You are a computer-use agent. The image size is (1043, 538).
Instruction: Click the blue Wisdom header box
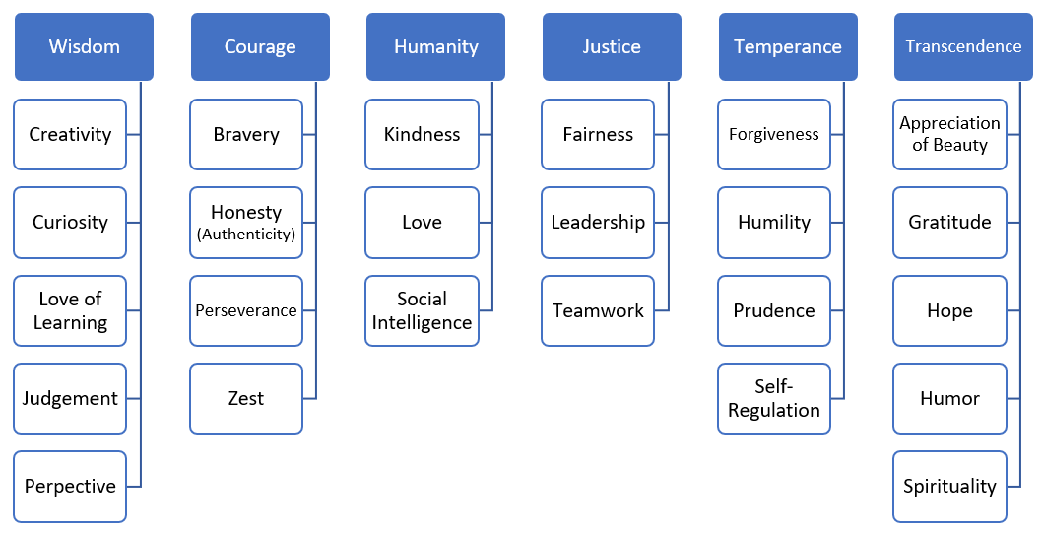click(x=84, y=46)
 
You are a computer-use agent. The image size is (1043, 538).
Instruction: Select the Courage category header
click(x=260, y=46)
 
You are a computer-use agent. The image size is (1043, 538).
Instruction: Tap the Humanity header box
click(x=435, y=46)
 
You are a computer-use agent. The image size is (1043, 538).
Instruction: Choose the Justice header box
click(x=612, y=46)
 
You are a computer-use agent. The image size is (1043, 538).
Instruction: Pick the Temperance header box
click(x=788, y=46)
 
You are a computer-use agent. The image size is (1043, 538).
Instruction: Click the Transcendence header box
click(x=963, y=46)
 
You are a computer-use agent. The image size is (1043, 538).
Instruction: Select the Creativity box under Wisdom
click(x=70, y=134)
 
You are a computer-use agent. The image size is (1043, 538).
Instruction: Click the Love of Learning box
click(x=70, y=310)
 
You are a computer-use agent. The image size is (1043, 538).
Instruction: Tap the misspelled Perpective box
click(x=70, y=486)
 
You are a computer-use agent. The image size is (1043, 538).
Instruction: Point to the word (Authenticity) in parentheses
click(x=246, y=235)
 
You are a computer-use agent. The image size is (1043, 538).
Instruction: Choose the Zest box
click(x=246, y=398)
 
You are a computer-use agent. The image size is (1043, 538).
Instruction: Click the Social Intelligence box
click(x=422, y=310)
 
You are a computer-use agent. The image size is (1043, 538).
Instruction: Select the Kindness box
click(x=422, y=134)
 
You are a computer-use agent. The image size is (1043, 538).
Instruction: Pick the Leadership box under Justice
click(x=598, y=223)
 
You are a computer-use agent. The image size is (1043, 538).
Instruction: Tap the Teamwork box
click(x=598, y=310)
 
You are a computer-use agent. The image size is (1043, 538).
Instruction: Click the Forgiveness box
click(x=774, y=134)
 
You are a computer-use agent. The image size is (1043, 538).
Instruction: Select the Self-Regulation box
click(x=774, y=398)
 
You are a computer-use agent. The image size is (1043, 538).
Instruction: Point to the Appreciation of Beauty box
click(x=949, y=134)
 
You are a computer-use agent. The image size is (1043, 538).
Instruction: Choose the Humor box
click(x=949, y=398)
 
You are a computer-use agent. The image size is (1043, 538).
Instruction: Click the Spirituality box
click(x=949, y=486)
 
